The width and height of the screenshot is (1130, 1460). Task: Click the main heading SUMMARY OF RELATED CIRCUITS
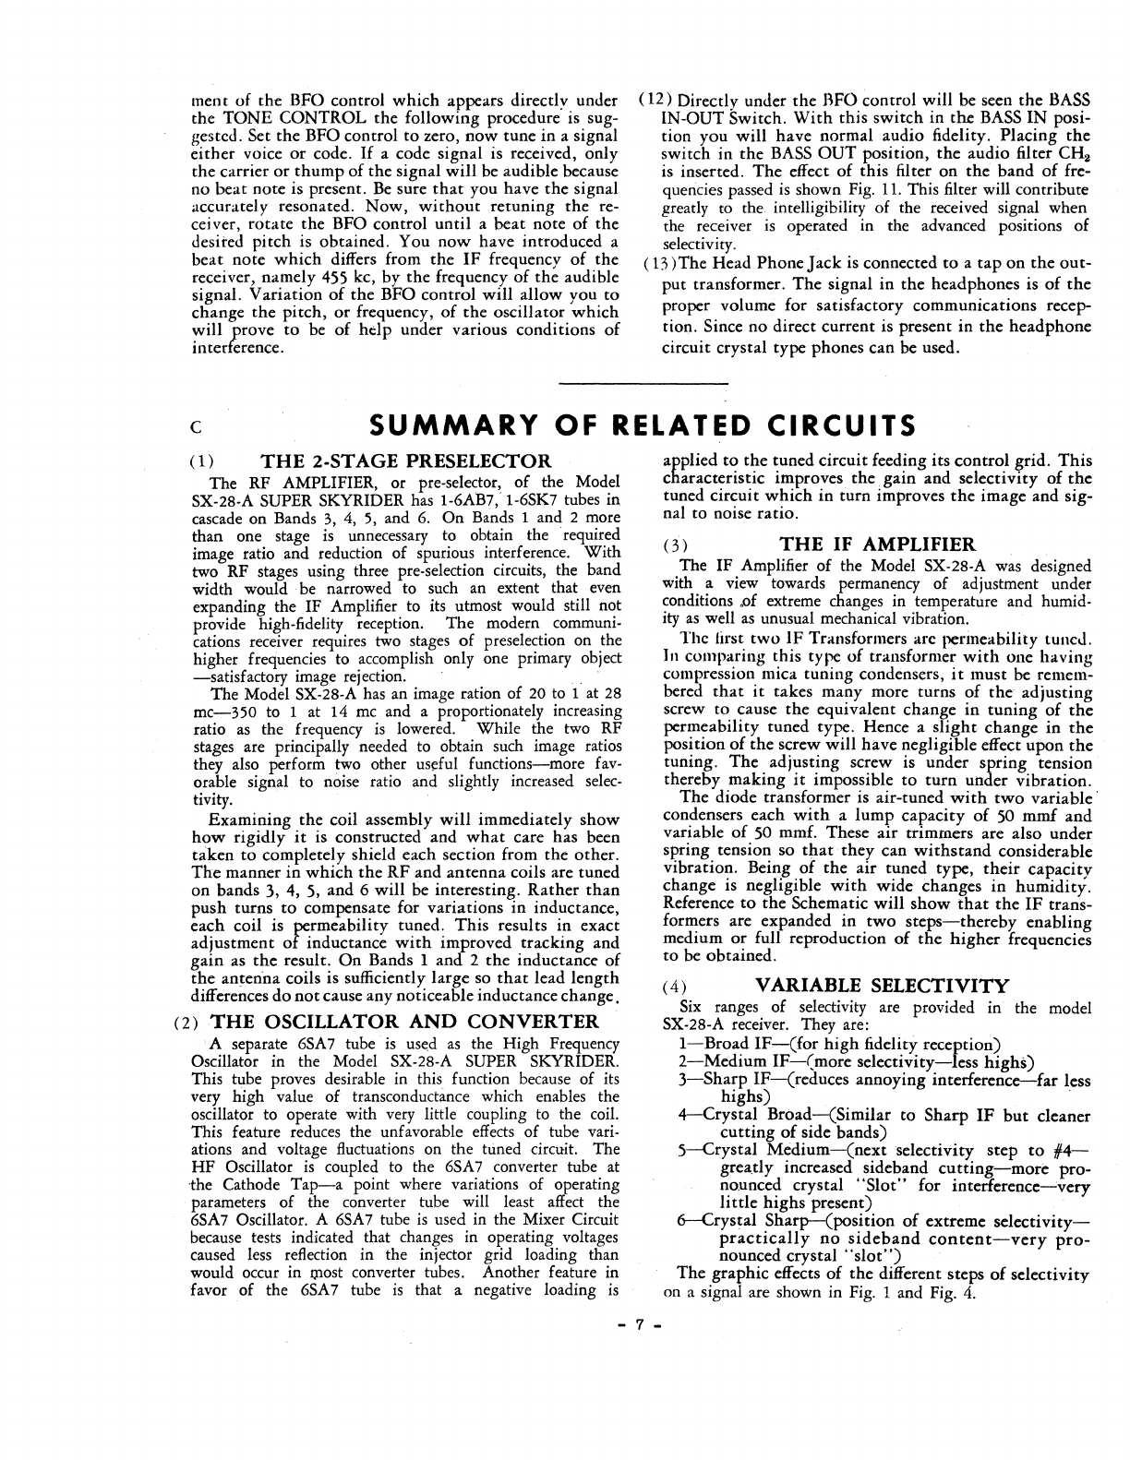click(642, 425)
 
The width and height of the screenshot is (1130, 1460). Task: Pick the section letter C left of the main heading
click(195, 428)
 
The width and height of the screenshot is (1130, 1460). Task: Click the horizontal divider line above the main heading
click(643, 382)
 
